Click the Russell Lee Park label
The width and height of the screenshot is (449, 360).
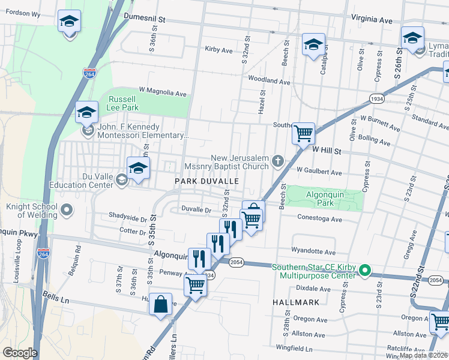tap(123, 104)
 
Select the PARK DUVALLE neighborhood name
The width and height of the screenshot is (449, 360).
tap(206, 181)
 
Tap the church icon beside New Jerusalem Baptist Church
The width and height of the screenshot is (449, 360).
tap(277, 160)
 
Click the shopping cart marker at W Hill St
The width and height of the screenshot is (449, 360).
tap(304, 133)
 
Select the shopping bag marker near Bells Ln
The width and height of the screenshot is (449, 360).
tap(161, 304)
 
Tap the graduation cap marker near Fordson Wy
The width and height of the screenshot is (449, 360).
tap(70, 22)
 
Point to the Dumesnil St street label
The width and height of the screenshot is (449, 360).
tap(144, 19)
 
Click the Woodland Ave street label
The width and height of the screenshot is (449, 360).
tap(268, 80)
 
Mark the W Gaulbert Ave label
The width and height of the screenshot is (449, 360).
tap(318, 172)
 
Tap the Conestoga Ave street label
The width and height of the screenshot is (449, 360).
tap(319, 219)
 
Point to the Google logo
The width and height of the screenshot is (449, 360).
tap(19, 353)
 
